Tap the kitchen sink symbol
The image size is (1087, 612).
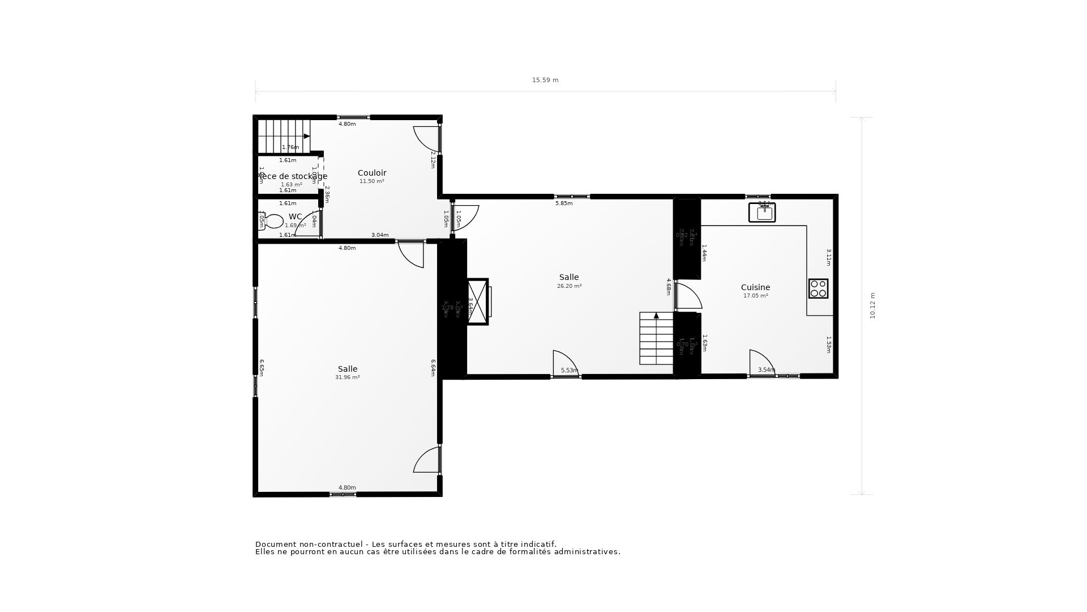(x=762, y=212)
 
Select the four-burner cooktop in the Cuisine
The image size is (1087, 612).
(x=818, y=288)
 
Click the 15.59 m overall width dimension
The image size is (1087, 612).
(x=545, y=80)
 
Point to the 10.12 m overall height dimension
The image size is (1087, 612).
(x=872, y=305)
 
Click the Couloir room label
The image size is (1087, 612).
(x=372, y=173)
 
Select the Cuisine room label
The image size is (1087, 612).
(x=755, y=287)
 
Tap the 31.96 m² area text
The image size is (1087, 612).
(x=347, y=377)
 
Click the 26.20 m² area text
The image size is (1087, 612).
(x=569, y=286)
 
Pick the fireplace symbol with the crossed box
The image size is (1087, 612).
(x=478, y=301)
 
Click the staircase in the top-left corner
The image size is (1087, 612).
(x=283, y=136)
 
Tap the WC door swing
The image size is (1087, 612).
(x=309, y=224)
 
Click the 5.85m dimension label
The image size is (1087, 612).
(x=563, y=203)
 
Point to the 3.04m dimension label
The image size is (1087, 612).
(x=379, y=235)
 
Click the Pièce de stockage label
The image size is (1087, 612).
(x=292, y=176)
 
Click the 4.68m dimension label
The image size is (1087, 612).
(x=668, y=286)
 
